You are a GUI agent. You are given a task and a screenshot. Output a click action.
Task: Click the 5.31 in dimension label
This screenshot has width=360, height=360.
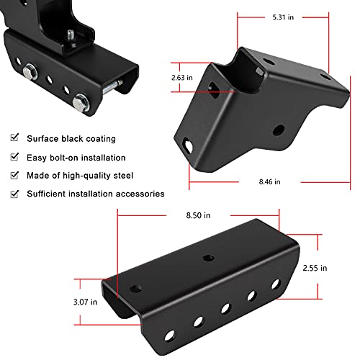point(283,17)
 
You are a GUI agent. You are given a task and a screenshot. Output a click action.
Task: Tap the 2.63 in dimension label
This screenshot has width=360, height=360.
point(182,78)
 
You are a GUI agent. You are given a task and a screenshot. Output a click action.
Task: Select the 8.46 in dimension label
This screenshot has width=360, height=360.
point(269,181)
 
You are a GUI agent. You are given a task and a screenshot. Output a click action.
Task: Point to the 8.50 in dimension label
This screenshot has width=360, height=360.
point(198,215)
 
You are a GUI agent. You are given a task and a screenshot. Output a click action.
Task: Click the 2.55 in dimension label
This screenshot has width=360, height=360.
point(315,268)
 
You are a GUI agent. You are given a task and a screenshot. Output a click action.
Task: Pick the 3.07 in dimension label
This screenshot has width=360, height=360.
point(85,302)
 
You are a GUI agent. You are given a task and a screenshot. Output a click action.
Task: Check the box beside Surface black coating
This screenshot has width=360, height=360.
point(14,138)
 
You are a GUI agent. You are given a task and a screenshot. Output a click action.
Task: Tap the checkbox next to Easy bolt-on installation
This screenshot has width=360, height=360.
point(14,156)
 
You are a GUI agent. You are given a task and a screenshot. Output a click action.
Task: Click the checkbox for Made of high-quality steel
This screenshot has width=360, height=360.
point(14,175)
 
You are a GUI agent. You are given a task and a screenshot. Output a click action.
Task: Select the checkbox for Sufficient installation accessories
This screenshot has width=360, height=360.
point(14,194)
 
